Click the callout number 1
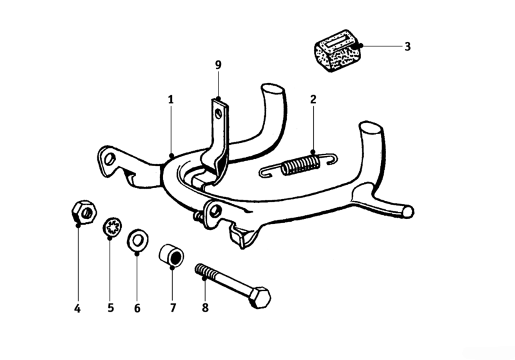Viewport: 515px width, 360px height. tap(171, 100)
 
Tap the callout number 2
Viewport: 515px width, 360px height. tap(313, 100)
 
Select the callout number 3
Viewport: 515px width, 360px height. tap(407, 46)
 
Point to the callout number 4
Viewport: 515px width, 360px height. tap(77, 308)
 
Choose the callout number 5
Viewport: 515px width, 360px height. tap(110, 308)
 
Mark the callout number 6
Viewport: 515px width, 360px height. tap(137, 308)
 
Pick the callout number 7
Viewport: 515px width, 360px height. tap(173, 308)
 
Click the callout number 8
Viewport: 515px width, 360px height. tap(206, 308)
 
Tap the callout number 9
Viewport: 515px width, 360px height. tap(218, 65)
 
